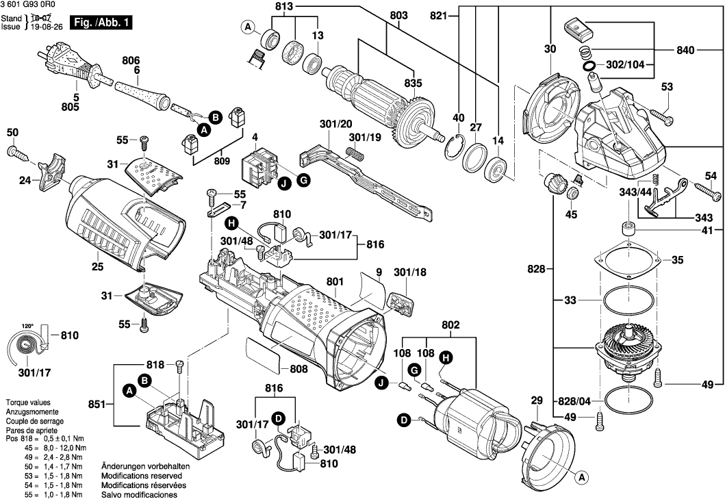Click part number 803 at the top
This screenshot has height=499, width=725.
tap(398, 14)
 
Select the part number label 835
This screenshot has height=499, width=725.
tap(414, 83)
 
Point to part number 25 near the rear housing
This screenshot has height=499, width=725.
tap(97, 266)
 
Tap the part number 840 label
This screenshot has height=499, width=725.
tap(685, 50)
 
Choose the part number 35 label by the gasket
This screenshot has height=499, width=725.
tap(677, 260)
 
